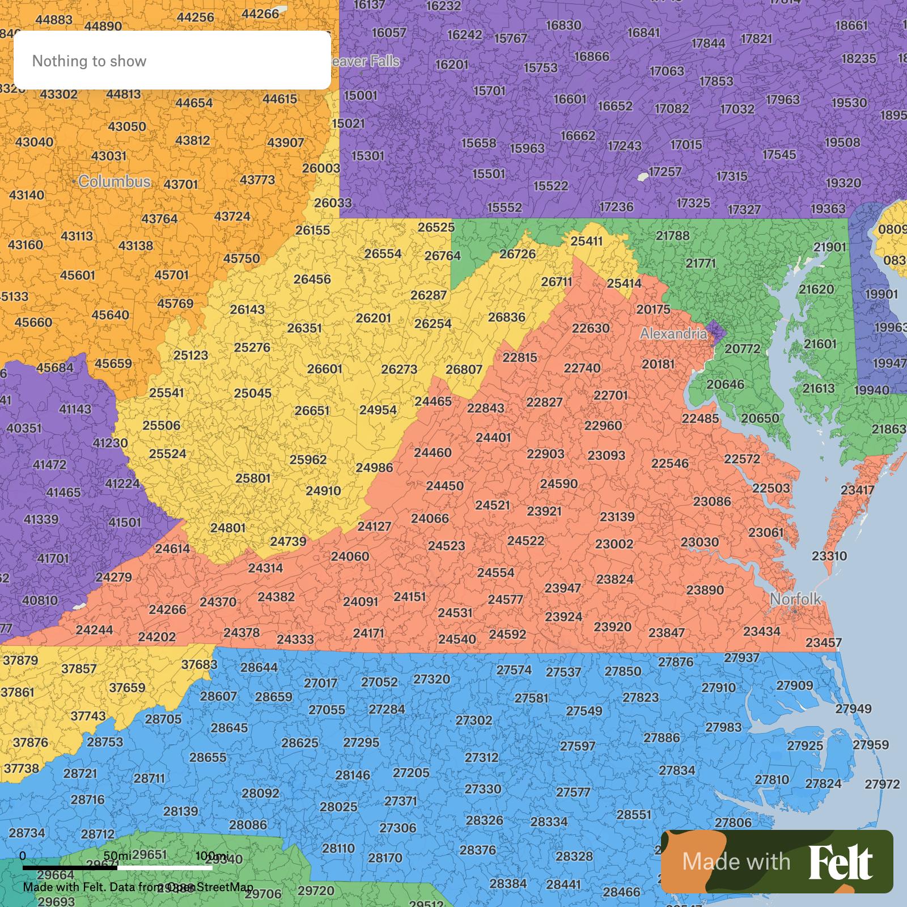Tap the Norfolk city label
(795, 599)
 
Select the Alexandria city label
(673, 334)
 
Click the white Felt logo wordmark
(840, 862)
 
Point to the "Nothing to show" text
(89, 61)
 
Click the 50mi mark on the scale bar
(118, 855)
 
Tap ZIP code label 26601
(324, 368)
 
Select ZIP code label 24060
(350, 556)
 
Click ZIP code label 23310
(829, 556)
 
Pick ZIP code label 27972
(882, 784)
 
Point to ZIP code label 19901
(881, 294)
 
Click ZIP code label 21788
(672, 235)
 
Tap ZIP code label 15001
(361, 95)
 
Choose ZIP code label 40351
(24, 428)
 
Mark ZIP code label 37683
(199, 664)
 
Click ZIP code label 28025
(338, 807)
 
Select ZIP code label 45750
(241, 258)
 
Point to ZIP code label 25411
(586, 241)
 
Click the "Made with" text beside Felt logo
(736, 862)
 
